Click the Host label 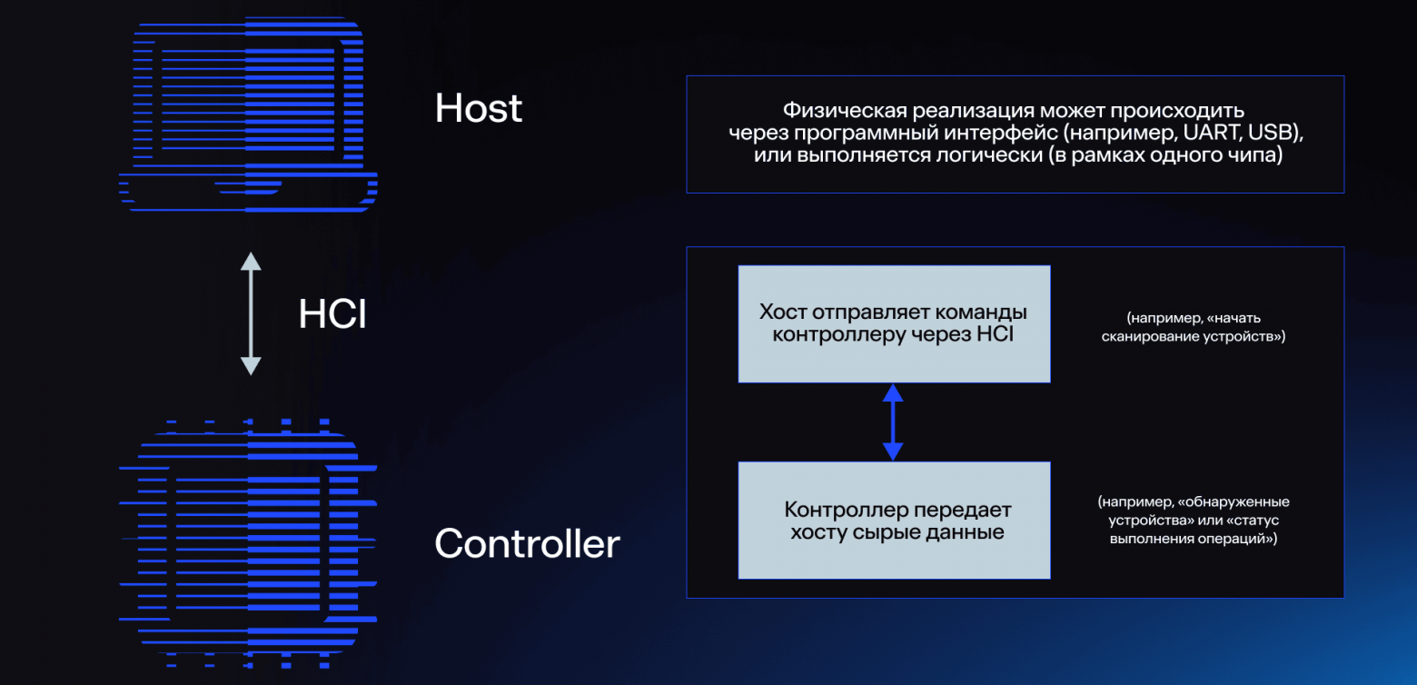point(478,107)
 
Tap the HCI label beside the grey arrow point(332,313)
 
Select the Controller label point(527,543)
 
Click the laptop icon point(248,114)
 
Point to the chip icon point(248,543)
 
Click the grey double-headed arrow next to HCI point(251,313)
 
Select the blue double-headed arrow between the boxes point(893,422)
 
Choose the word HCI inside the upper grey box point(995,333)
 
